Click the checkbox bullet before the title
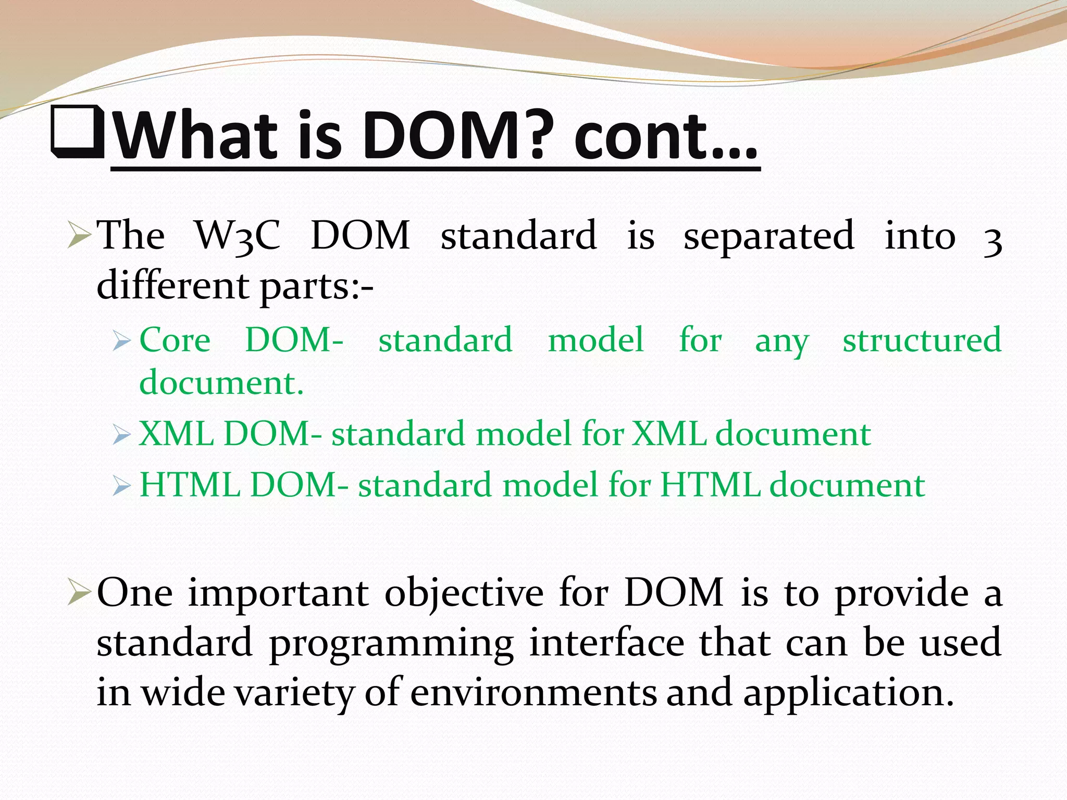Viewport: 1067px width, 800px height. [78, 133]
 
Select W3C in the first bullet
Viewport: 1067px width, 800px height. [238, 236]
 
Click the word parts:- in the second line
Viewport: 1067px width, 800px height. [317, 286]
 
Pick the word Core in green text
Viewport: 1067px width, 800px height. [175, 340]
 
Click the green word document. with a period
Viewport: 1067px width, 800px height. [221, 383]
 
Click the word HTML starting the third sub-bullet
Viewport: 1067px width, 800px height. [190, 485]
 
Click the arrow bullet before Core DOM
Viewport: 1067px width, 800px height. [121, 342]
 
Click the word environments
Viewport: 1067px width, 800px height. [533, 693]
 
